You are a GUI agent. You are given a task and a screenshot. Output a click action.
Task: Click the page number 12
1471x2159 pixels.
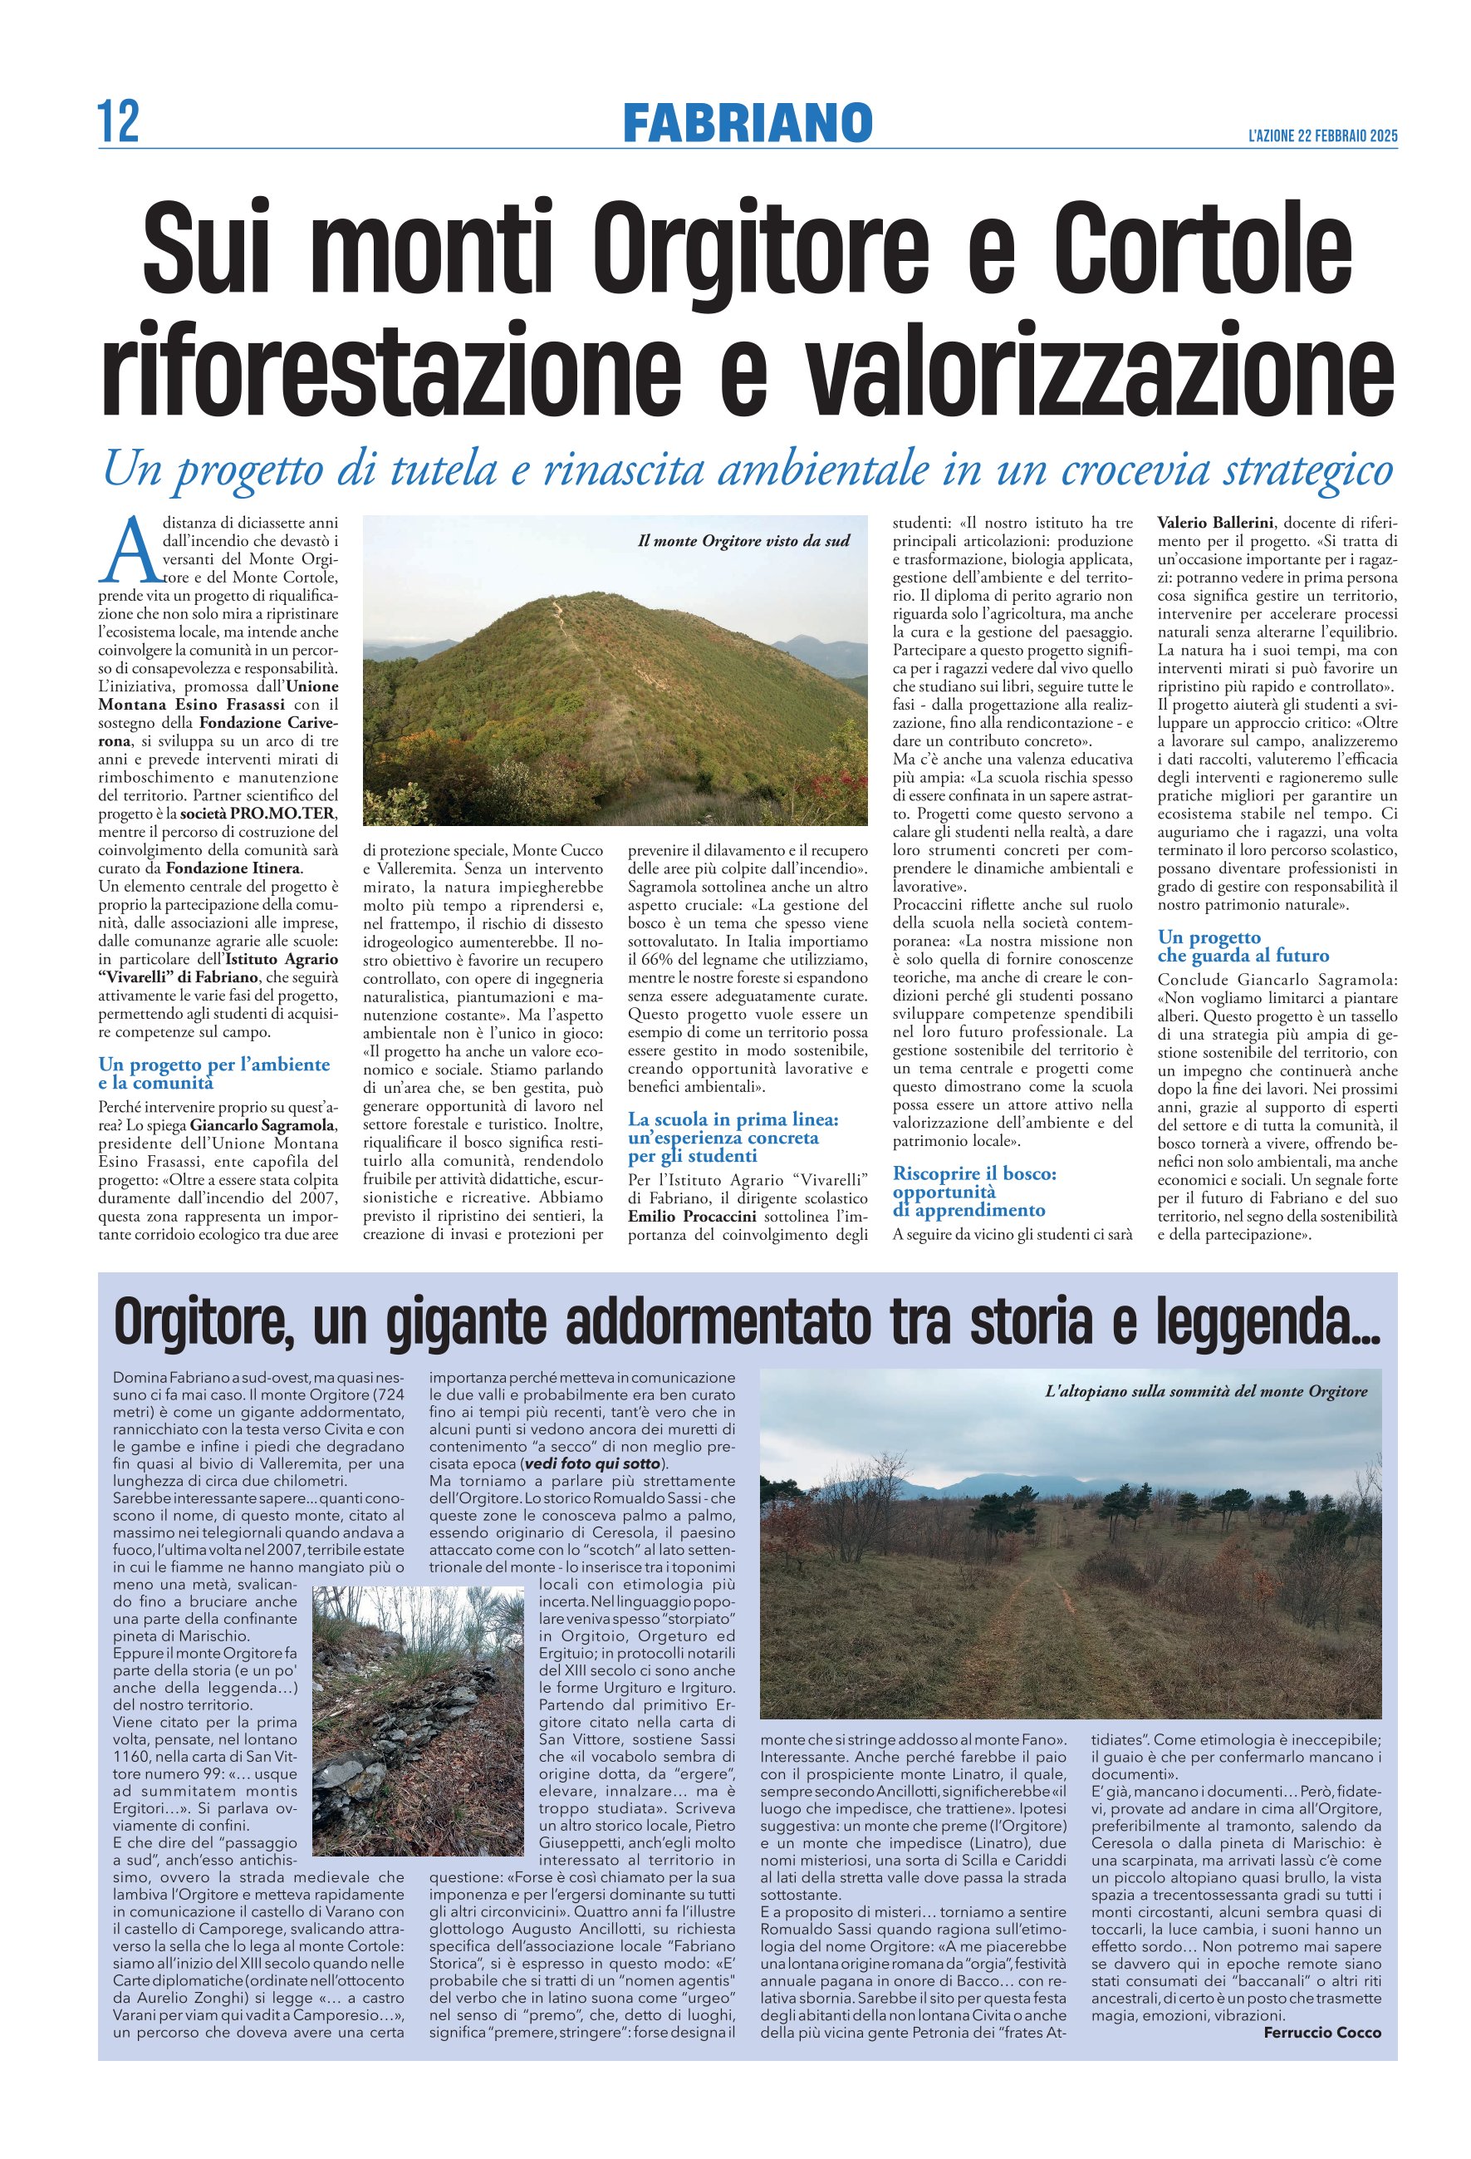pyautogui.click(x=119, y=121)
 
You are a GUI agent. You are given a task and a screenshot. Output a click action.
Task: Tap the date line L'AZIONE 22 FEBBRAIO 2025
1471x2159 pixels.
pyautogui.click(x=1322, y=135)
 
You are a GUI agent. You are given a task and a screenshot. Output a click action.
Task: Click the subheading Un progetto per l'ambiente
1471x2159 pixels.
pyautogui.click(x=213, y=1065)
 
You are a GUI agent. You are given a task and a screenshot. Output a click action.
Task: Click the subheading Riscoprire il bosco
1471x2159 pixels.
pyautogui.click(x=974, y=1173)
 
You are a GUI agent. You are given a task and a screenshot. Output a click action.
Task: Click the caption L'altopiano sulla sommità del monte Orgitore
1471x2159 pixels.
pyautogui.click(x=1205, y=1390)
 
